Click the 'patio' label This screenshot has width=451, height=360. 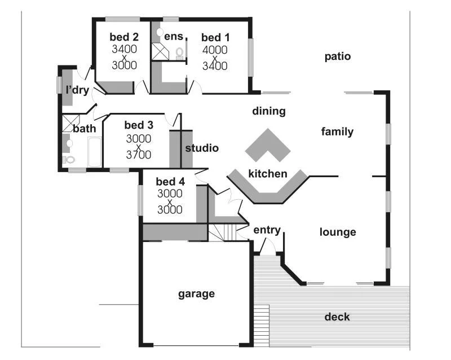click(x=338, y=56)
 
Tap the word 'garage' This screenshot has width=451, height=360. click(x=197, y=293)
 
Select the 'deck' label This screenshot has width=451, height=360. click(x=337, y=317)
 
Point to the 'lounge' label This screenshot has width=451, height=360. click(x=338, y=232)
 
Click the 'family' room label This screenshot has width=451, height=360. click(x=337, y=132)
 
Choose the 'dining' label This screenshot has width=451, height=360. click(x=269, y=111)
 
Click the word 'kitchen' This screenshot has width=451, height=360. click(x=268, y=174)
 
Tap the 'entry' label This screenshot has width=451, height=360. click(x=267, y=230)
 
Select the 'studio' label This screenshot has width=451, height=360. click(x=202, y=148)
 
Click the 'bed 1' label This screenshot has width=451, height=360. click(x=215, y=38)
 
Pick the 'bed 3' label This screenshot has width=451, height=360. click(x=139, y=125)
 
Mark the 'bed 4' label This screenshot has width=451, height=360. click(x=170, y=182)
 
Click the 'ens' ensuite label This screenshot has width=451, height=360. click(x=174, y=37)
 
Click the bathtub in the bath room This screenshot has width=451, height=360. click(x=94, y=151)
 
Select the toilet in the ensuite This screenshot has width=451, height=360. click(x=180, y=53)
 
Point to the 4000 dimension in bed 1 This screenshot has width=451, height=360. click(x=215, y=50)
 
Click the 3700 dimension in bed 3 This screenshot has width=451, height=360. click(x=138, y=155)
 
